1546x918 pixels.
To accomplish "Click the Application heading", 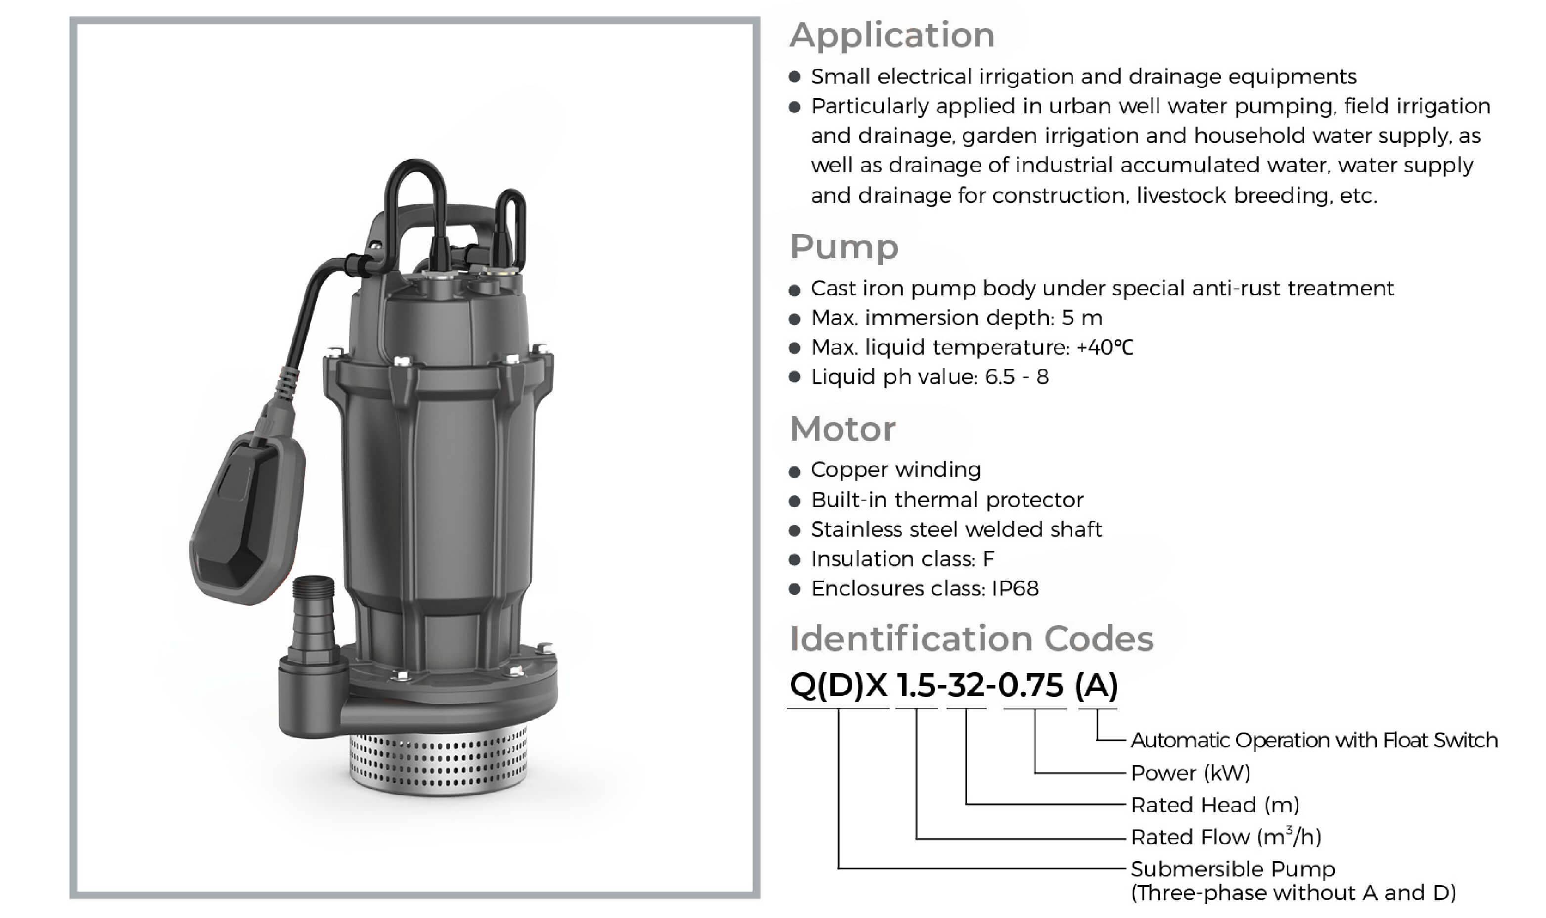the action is pos(892,35).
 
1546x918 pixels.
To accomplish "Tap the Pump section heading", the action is pos(844,247).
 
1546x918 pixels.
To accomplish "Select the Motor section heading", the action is pos(842,429).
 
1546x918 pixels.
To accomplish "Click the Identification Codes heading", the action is pos(971,639).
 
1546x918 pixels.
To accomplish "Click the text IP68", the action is pos(1015,588).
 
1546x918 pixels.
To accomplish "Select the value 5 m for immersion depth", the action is pos(1082,318).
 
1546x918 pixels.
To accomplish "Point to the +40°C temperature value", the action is pos(1104,348).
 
